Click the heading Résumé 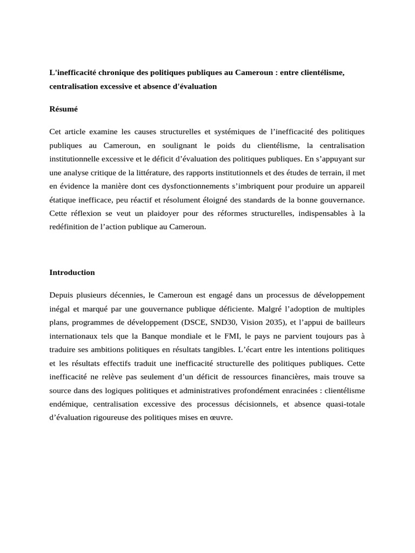(64, 109)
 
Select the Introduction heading (72, 272)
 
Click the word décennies (125, 295)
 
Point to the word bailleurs (347, 323)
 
